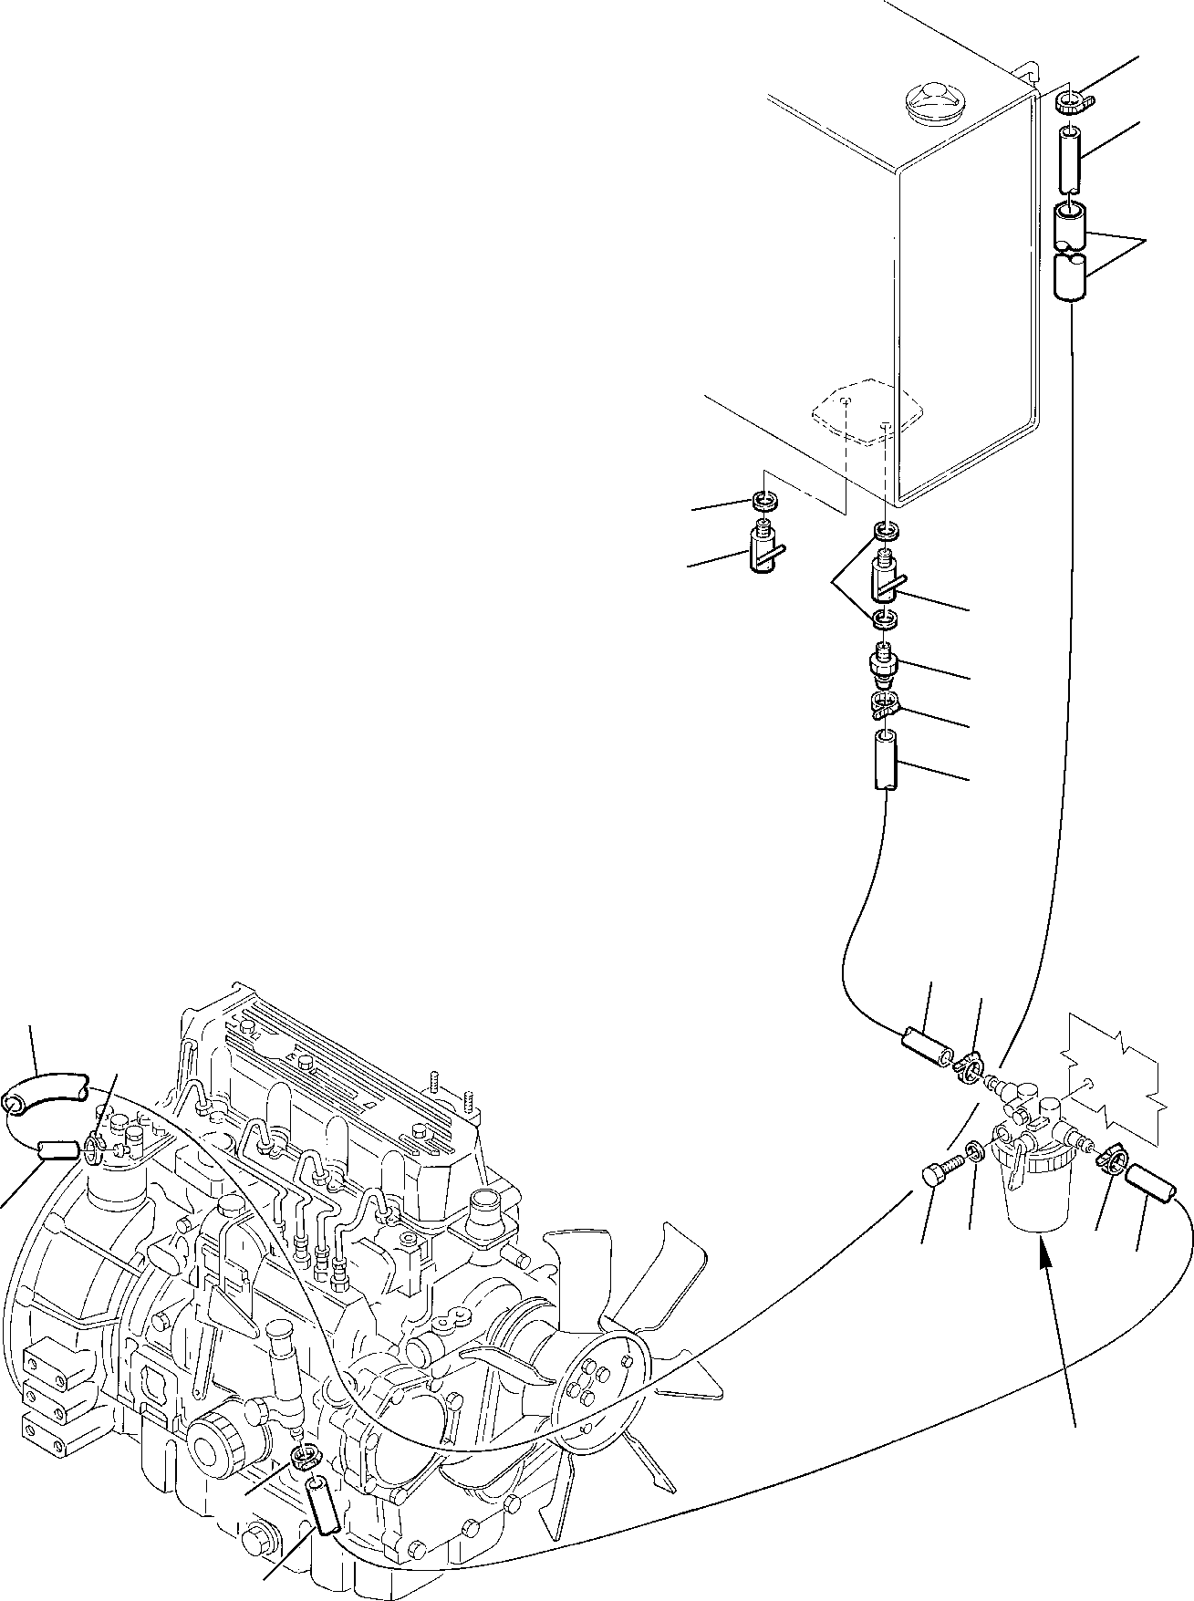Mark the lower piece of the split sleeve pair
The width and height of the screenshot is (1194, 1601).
click(1071, 277)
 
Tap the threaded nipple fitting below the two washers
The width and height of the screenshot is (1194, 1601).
click(884, 668)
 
